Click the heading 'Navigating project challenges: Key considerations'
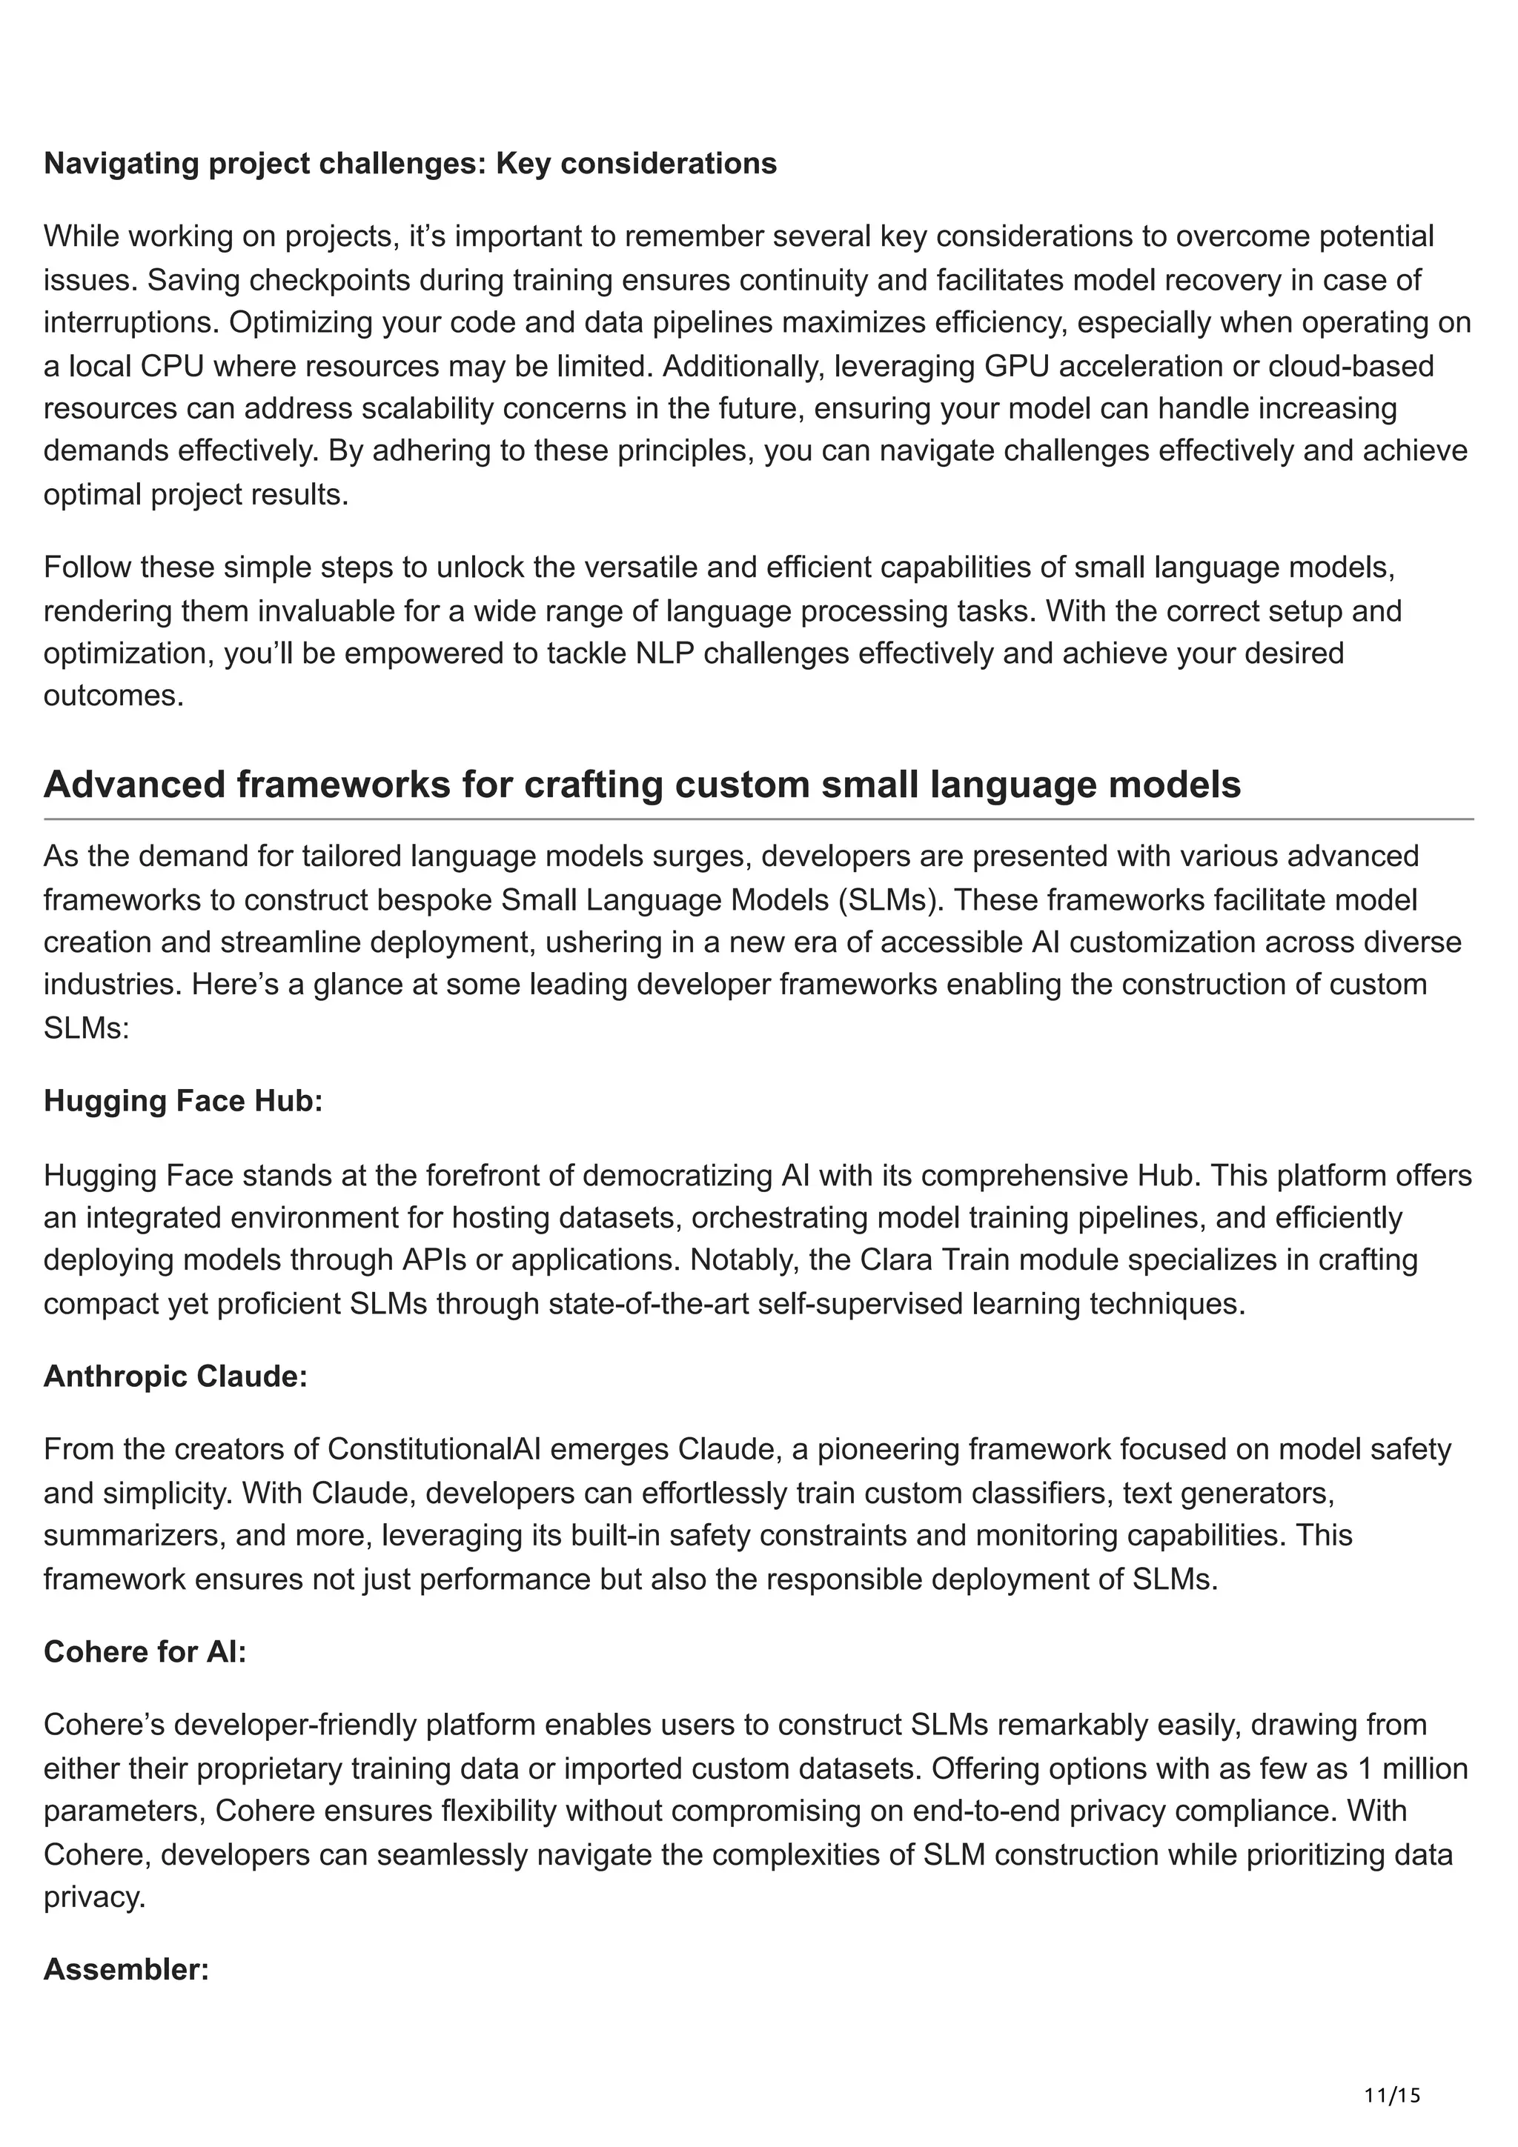point(410,164)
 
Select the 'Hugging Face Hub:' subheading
point(182,1101)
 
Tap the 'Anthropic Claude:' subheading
point(175,1377)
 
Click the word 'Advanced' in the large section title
point(133,785)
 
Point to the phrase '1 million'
point(1414,1768)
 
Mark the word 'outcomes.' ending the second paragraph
point(114,696)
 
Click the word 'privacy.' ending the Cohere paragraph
point(94,1897)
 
